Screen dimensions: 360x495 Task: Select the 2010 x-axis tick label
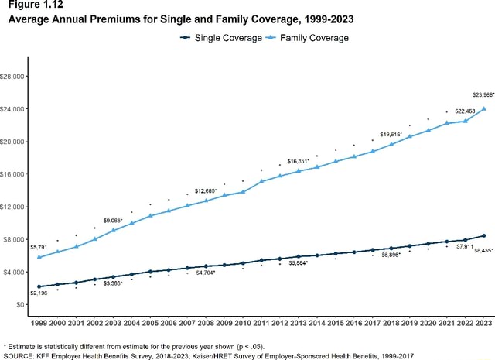pyautogui.click(x=243, y=321)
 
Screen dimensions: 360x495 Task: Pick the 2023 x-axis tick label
pyautogui.click(x=484, y=321)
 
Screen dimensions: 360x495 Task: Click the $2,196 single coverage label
pyautogui.click(x=39, y=293)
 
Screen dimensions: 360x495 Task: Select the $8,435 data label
pyautogui.click(x=483, y=250)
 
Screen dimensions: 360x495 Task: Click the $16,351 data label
pyautogui.click(x=299, y=161)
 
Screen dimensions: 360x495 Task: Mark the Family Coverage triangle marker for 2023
pyautogui.click(x=484, y=109)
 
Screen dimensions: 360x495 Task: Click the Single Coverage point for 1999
pyautogui.click(x=39, y=286)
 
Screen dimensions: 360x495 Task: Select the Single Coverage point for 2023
pyautogui.click(x=484, y=235)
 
